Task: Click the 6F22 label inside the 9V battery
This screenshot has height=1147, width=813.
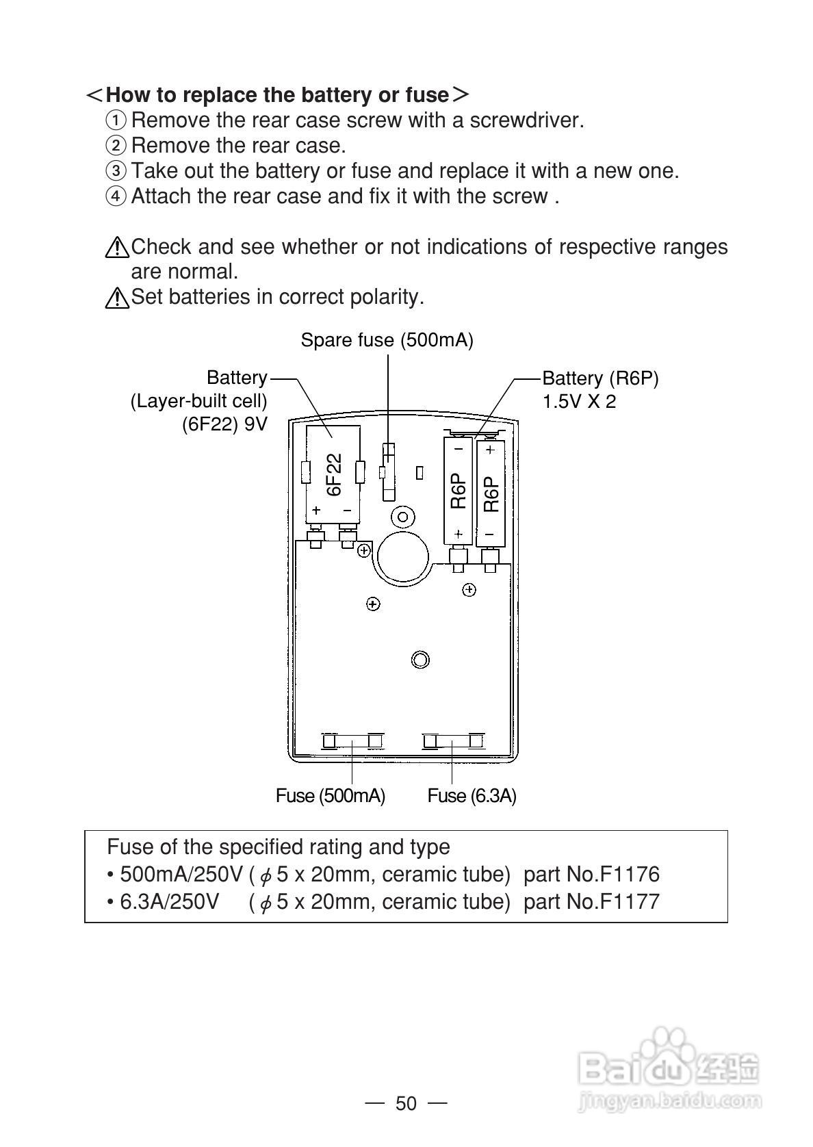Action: [x=333, y=474]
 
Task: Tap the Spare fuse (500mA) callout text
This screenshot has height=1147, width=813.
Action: [x=387, y=340]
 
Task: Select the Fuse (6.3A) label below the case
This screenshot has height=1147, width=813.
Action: [x=472, y=796]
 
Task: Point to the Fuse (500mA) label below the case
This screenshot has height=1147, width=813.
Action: [x=331, y=796]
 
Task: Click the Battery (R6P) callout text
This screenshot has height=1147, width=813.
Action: [x=600, y=378]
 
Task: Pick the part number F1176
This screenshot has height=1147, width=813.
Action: [x=630, y=875]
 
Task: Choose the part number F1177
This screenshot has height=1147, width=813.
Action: [x=630, y=902]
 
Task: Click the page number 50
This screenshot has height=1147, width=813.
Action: [x=406, y=1104]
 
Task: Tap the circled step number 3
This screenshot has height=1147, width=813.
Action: [x=116, y=170]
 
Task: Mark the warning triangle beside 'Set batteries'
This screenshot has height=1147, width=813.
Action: [x=117, y=298]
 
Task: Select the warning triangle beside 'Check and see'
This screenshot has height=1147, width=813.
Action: [x=117, y=247]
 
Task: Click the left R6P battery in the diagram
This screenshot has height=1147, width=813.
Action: [x=458, y=491]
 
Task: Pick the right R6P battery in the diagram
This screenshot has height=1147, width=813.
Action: [x=490, y=493]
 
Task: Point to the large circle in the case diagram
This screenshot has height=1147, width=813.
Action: [x=404, y=556]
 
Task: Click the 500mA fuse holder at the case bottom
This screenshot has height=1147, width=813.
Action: [x=352, y=741]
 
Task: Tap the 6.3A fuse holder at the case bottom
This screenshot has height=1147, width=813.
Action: [x=453, y=741]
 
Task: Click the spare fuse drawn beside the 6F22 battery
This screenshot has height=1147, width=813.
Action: [x=388, y=472]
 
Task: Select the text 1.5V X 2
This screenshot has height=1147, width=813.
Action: [x=579, y=402]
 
